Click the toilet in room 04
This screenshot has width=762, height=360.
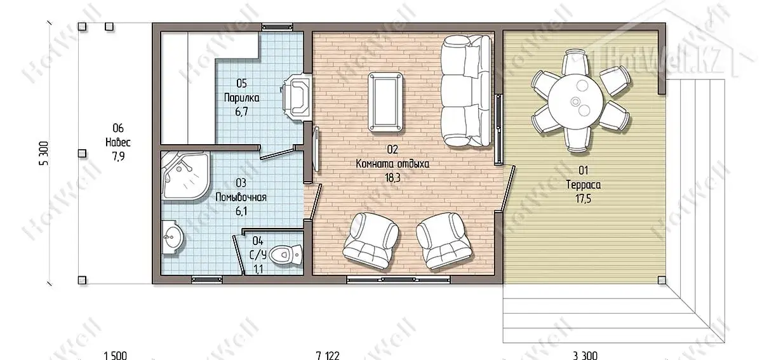(285, 254)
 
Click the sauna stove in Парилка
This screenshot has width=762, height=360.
(295, 97)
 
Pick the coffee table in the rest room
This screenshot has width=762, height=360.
(385, 102)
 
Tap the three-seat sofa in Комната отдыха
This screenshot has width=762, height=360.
(466, 91)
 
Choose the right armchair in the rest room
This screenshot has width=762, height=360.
(444, 240)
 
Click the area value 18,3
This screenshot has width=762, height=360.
(392, 178)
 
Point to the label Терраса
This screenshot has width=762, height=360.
(584, 185)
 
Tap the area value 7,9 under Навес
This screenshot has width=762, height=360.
(118, 157)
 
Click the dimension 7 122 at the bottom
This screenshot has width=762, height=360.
(328, 356)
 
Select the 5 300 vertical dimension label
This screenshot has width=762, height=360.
(44, 153)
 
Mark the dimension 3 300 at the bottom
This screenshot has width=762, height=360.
(585, 356)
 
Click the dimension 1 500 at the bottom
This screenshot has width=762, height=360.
(116, 356)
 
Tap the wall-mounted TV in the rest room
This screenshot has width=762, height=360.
(316, 149)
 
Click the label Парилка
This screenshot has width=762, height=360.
(241, 98)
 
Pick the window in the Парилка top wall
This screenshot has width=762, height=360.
(277, 27)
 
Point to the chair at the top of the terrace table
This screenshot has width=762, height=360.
(575, 63)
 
